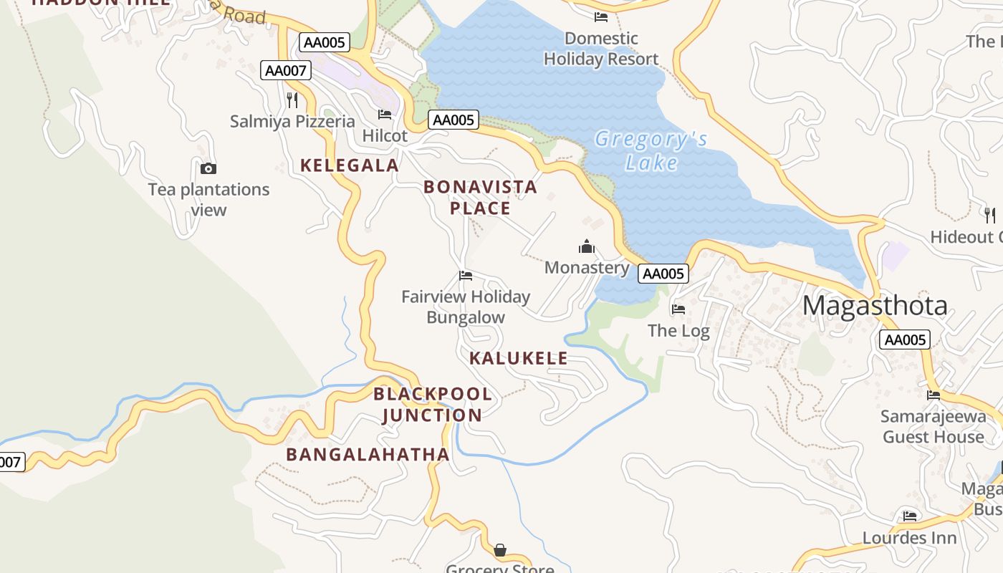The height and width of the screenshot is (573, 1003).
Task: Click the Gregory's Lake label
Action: pyautogui.click(x=651, y=150)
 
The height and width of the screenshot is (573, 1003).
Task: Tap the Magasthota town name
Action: pyautogui.click(x=875, y=306)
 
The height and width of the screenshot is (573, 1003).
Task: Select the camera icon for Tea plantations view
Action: pyautogui.click(x=208, y=169)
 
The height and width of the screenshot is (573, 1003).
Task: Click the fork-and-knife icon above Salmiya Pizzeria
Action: pyautogui.click(x=292, y=100)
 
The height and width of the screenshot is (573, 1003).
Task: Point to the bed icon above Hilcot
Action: pyautogui.click(x=385, y=115)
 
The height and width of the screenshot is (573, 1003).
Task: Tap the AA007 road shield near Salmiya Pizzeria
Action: pyautogui.click(x=285, y=70)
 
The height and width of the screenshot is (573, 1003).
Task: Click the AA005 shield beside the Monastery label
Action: pyautogui.click(x=663, y=274)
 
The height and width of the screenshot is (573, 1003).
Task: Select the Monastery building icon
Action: pyautogui.click(x=587, y=247)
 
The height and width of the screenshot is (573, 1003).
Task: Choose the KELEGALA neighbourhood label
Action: pyautogui.click(x=349, y=165)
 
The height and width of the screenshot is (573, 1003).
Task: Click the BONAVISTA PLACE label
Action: pyautogui.click(x=480, y=198)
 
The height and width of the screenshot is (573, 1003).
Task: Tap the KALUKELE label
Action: pyautogui.click(x=519, y=358)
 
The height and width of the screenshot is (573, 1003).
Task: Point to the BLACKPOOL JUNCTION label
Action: pyautogui.click(x=433, y=405)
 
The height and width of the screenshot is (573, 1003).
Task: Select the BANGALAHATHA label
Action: pyautogui.click(x=368, y=454)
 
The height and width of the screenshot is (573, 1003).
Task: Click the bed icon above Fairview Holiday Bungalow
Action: pyautogui.click(x=466, y=276)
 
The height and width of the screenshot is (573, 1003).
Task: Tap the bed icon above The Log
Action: pyautogui.click(x=678, y=309)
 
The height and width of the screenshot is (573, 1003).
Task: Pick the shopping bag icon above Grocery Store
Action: pyautogui.click(x=500, y=550)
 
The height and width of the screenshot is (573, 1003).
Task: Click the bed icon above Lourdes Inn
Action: pyautogui.click(x=910, y=516)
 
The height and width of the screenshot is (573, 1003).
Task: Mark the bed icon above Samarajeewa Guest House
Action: pyautogui.click(x=934, y=395)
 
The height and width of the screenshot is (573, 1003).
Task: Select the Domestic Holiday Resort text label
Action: pyautogui.click(x=601, y=49)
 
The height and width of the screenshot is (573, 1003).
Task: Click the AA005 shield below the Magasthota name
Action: pyautogui.click(x=904, y=340)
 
